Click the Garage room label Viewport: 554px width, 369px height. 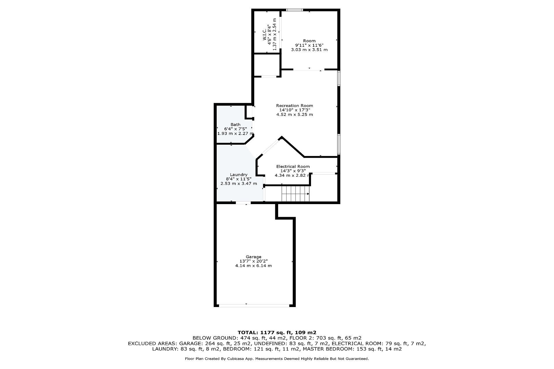pos(253,257)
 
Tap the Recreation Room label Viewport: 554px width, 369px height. pos(294,106)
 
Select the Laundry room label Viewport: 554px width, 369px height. pos(239,175)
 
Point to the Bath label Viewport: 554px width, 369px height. pos(235,125)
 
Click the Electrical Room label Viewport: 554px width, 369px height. pos(293,166)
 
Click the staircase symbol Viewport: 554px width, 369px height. pos(295,194)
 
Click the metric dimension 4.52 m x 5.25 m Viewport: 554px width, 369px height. pos(294,114)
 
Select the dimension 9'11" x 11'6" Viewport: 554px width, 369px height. pos(309,45)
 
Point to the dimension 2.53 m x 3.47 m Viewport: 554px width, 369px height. pos(239,184)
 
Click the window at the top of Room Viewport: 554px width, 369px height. pos(295,10)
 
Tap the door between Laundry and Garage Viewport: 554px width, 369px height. pos(243,203)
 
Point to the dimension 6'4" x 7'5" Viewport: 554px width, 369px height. pos(235,129)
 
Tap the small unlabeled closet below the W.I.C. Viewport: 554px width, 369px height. pos(267,65)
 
